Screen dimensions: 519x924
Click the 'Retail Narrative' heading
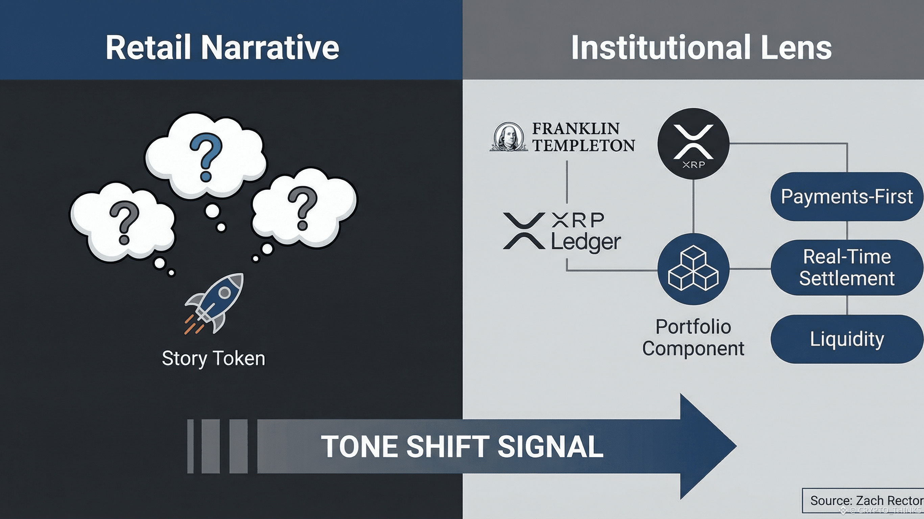coord(222,48)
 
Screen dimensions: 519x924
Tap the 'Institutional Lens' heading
coord(701,48)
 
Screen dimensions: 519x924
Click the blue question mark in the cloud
coord(206,156)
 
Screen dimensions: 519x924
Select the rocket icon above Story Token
coord(214,303)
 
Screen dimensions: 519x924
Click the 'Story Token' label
coord(213,358)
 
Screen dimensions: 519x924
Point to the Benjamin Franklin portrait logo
coord(508,137)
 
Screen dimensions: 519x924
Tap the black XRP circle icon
coord(693,144)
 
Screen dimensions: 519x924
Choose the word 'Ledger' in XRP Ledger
coord(586,243)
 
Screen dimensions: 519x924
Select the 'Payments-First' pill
coord(847,196)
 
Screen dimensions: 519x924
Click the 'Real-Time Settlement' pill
coord(847,267)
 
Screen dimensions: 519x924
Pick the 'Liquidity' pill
coord(847,339)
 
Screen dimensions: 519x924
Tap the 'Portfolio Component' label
coord(693,338)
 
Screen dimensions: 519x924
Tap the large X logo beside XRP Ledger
coord(524,231)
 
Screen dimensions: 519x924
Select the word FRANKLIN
coord(575,128)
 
